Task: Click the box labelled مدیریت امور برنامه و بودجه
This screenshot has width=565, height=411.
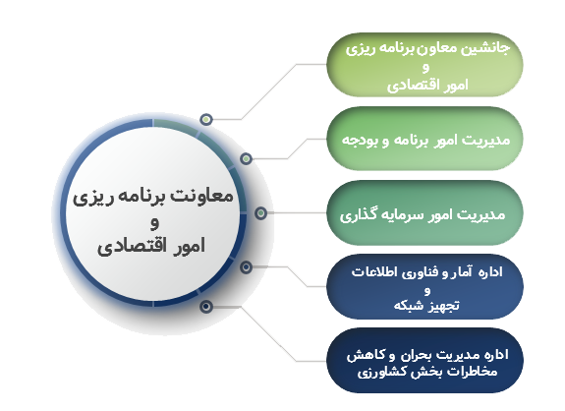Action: [424, 139]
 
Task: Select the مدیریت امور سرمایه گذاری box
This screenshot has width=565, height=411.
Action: [424, 213]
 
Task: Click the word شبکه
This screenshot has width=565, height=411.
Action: [408, 306]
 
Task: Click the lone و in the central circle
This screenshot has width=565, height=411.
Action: [154, 223]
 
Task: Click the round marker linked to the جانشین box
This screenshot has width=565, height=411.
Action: [206, 119]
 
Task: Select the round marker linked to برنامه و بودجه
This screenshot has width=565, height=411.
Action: [246, 158]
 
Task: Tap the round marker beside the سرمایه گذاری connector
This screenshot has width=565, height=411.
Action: [260, 213]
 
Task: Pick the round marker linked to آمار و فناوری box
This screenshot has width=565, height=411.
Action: [246, 267]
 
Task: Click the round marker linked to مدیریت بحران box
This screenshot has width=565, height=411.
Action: [206, 307]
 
